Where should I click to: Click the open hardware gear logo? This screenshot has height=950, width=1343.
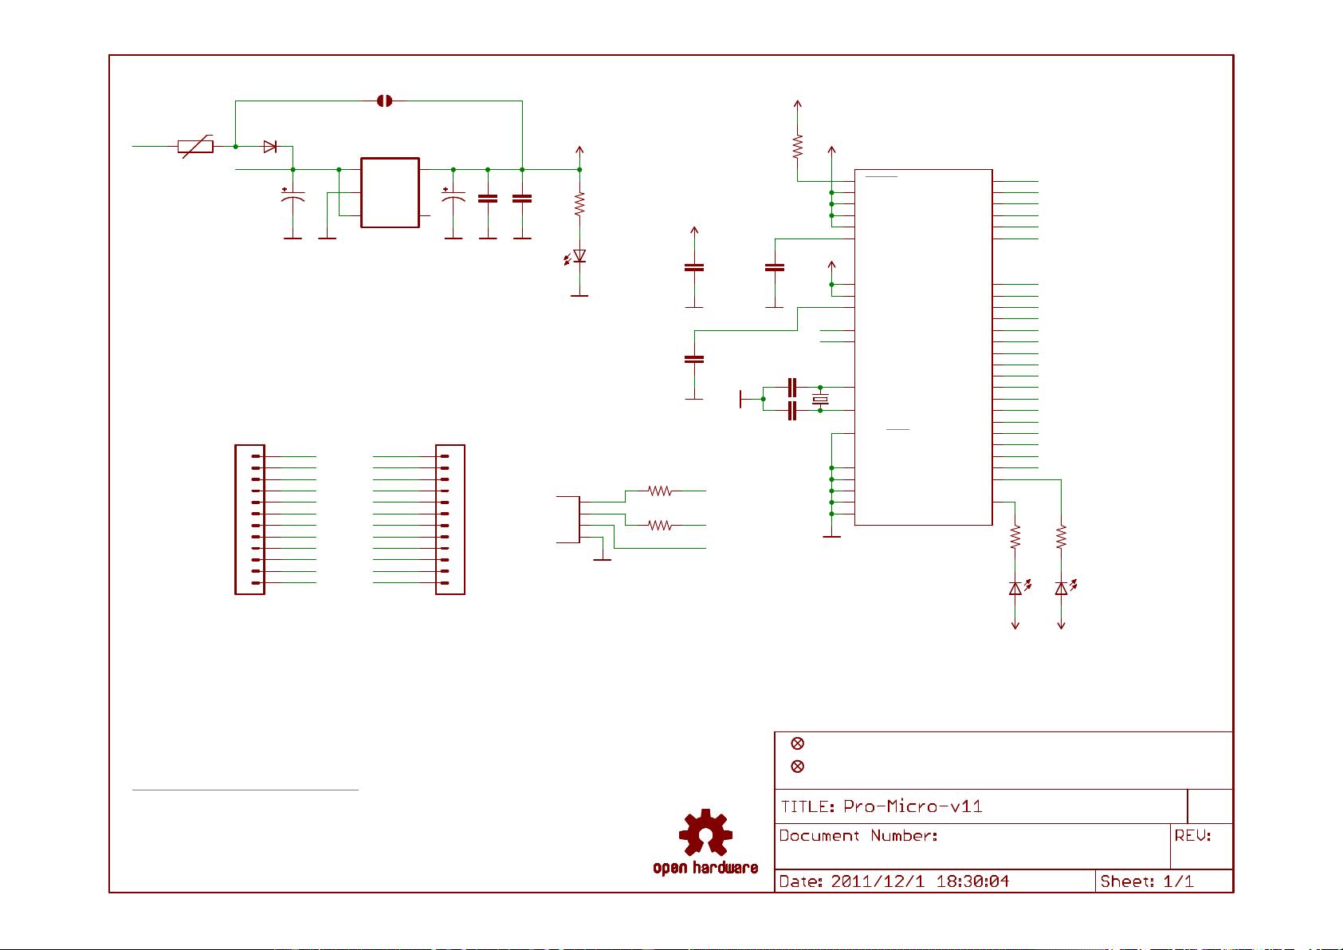(705, 834)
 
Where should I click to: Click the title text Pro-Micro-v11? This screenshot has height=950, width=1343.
(913, 806)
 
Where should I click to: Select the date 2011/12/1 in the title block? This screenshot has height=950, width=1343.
(874, 881)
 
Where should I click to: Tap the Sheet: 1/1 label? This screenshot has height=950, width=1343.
(1146, 881)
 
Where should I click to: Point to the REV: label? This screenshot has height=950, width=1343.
(1192, 836)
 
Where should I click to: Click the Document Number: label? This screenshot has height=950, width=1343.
(858, 836)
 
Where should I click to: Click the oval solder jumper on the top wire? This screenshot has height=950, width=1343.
(384, 101)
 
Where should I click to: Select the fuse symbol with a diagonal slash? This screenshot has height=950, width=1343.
(195, 147)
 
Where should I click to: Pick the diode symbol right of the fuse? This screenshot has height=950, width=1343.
(270, 147)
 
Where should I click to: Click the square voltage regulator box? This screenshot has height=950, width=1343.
(390, 192)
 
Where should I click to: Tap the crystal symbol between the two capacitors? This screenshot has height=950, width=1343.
(820, 399)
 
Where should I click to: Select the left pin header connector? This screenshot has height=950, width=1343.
(249, 519)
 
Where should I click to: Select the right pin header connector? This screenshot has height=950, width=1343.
(450, 519)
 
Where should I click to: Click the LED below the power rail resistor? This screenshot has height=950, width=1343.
(579, 256)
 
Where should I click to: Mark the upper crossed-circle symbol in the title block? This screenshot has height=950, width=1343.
(797, 743)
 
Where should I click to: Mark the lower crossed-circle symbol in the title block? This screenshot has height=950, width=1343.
(797, 767)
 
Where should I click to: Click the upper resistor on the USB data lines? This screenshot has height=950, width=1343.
(660, 491)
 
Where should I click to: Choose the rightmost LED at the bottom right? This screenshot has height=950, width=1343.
(1061, 589)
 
